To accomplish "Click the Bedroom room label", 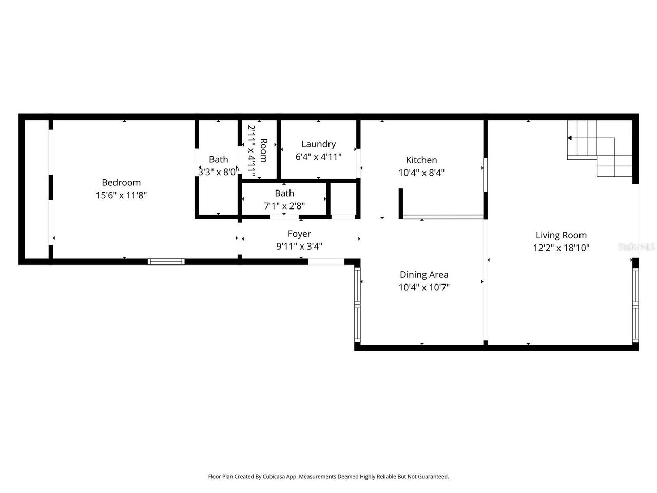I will point(121,182).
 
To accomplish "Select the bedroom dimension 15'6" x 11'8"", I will point(121,195).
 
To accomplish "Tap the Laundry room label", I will point(318,144).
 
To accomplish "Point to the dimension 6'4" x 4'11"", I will point(318,157).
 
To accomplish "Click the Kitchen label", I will point(421,160).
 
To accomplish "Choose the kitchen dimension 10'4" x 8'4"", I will point(421,173).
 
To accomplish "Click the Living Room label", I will point(561,235).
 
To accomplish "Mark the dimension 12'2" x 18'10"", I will point(561,248).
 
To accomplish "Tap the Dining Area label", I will point(424,275).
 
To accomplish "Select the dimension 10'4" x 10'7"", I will point(424,288).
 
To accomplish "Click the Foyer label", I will point(299,234).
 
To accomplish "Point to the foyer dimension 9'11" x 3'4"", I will point(299,246).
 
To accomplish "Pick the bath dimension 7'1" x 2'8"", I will point(284,206).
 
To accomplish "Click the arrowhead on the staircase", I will point(570,138).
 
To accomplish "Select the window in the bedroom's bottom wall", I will point(166,261).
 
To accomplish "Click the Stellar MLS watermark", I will point(636,247).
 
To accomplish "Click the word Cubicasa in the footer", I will point(275,477).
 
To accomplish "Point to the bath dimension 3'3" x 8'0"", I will point(219,172).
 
